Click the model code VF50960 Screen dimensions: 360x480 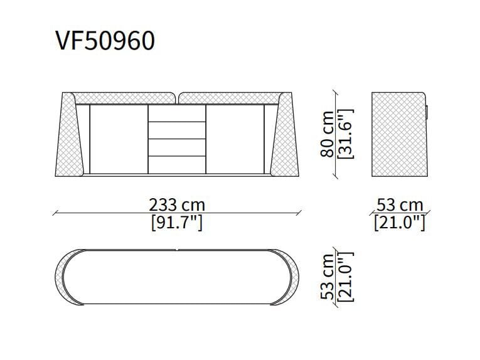(105, 41)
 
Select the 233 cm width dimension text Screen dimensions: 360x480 (177, 204)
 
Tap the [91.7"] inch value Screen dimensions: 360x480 (177, 222)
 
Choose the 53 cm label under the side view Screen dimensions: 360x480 (400, 205)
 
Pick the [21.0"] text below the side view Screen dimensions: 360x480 (400, 222)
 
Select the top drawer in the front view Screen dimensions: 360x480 (176, 113)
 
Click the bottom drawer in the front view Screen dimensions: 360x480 (176, 163)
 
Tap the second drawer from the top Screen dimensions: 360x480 (176, 130)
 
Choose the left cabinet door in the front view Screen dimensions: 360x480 (119, 138)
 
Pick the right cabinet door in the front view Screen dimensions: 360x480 (234, 138)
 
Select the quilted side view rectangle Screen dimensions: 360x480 (398, 134)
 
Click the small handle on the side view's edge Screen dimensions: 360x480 (427, 110)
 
